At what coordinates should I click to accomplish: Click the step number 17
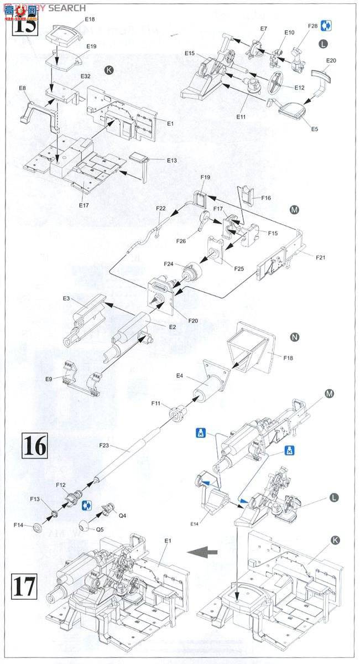23,587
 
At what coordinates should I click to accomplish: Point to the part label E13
171,160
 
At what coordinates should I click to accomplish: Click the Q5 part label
100,528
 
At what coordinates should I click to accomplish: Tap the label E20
331,60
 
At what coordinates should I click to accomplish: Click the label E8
23,88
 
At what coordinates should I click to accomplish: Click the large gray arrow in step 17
201,551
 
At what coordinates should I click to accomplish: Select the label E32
86,76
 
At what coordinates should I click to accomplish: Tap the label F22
160,209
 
